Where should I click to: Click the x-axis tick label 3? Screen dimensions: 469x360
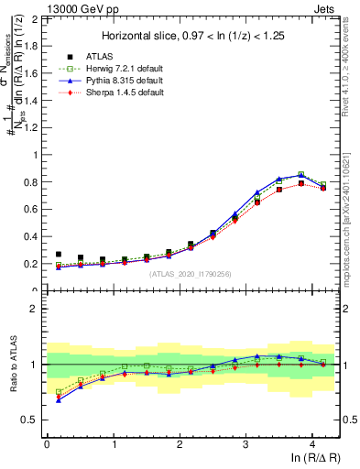(245, 444)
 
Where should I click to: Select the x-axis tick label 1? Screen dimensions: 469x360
(113, 444)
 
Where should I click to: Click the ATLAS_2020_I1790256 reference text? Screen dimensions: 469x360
(191, 273)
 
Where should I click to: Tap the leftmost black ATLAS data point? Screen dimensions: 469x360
(59, 255)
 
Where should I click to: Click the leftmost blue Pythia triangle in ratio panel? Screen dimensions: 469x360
(59, 399)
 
